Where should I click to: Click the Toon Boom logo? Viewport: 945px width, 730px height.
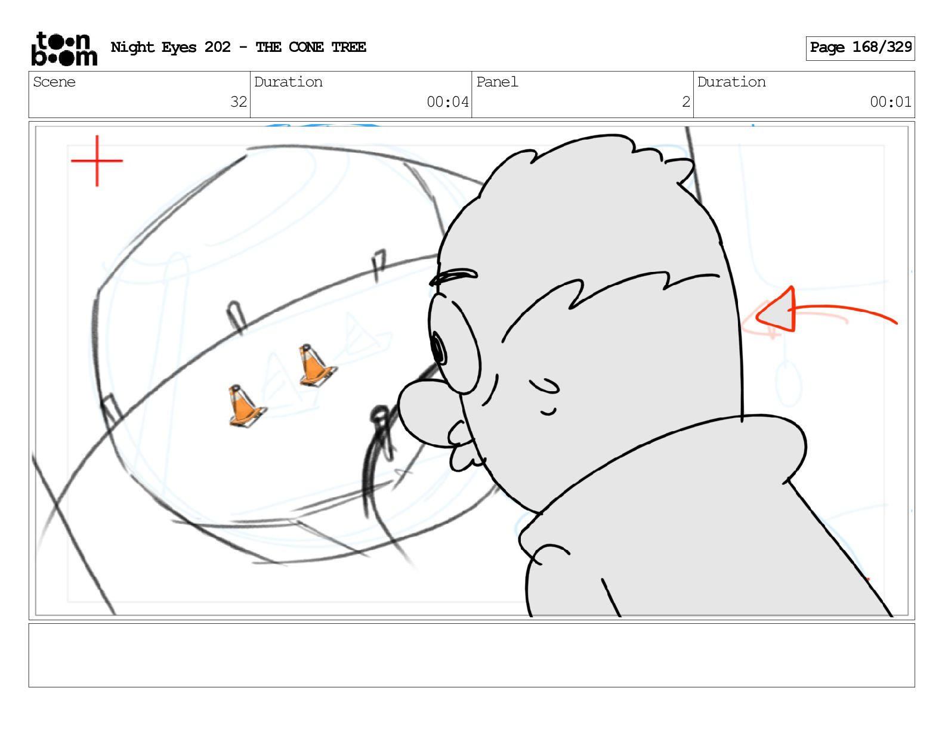coord(64,49)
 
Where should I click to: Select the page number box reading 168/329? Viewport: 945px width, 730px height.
coord(860,48)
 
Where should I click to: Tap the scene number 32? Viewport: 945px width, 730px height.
coord(239,102)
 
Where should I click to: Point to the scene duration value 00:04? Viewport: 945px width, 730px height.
coord(447,102)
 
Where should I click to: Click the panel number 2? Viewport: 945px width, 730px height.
coord(686,102)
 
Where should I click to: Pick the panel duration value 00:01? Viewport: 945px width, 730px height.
coord(891,102)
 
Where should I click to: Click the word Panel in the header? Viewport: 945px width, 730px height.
coord(497,82)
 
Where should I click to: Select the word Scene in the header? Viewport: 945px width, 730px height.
coord(54,82)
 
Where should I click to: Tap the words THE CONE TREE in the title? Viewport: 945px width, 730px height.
coord(311,47)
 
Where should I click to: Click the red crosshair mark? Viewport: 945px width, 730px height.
coord(97,160)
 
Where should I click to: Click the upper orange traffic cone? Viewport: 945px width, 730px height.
coord(316,365)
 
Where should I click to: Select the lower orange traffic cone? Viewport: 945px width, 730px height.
coord(246,406)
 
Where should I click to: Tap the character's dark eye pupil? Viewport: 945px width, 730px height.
coord(438,349)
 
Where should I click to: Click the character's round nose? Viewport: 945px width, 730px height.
coord(424,413)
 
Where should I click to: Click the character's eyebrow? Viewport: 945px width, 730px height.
coord(453,277)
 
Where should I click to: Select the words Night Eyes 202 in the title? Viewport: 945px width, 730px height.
coord(171,47)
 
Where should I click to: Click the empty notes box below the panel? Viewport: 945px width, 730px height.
coord(472,655)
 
